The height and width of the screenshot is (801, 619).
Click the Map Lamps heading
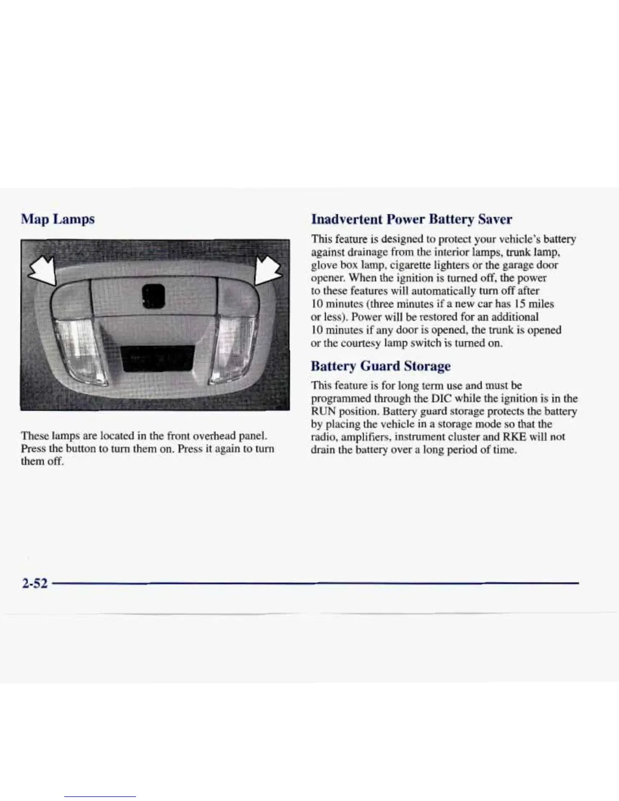[x=58, y=219]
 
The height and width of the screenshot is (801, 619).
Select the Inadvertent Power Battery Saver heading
[x=411, y=219]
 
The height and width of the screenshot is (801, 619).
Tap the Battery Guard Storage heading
[x=380, y=366]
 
